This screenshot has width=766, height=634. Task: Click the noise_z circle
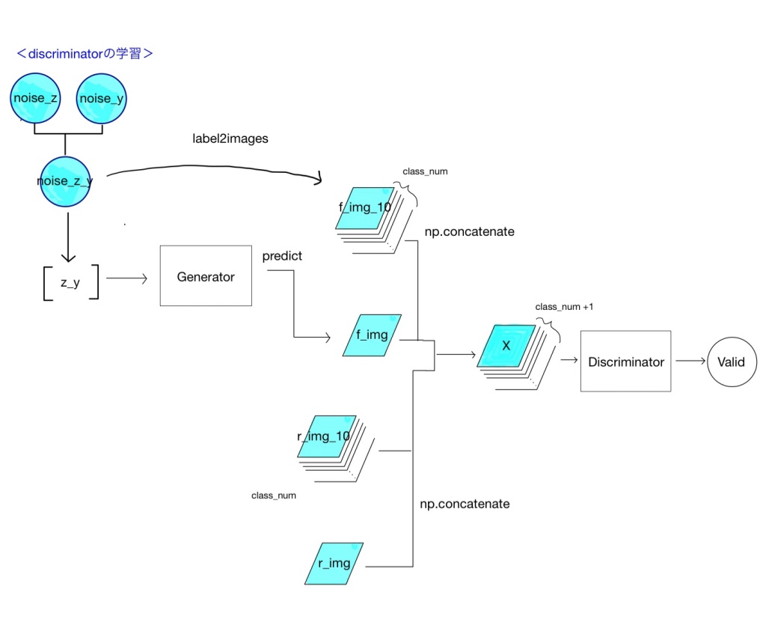click(x=36, y=98)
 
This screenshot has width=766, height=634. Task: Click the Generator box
click(x=206, y=276)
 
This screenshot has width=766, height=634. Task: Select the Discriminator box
click(x=625, y=362)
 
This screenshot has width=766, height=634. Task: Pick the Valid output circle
click(x=731, y=362)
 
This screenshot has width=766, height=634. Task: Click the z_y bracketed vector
click(x=70, y=282)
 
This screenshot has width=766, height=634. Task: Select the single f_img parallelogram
click(x=373, y=335)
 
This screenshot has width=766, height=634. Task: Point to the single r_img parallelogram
click(x=334, y=563)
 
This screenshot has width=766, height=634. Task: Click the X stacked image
click(x=506, y=346)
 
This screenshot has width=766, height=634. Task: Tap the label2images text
click(x=230, y=139)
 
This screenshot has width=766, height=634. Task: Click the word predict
click(x=282, y=256)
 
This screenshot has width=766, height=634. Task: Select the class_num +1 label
click(x=564, y=308)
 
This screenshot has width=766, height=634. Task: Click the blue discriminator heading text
click(x=85, y=54)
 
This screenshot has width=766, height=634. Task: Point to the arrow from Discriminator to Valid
click(x=690, y=362)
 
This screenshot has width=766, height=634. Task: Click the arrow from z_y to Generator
click(x=127, y=278)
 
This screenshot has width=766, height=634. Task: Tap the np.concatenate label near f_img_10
click(x=469, y=232)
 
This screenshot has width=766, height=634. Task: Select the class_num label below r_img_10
click(x=273, y=496)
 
